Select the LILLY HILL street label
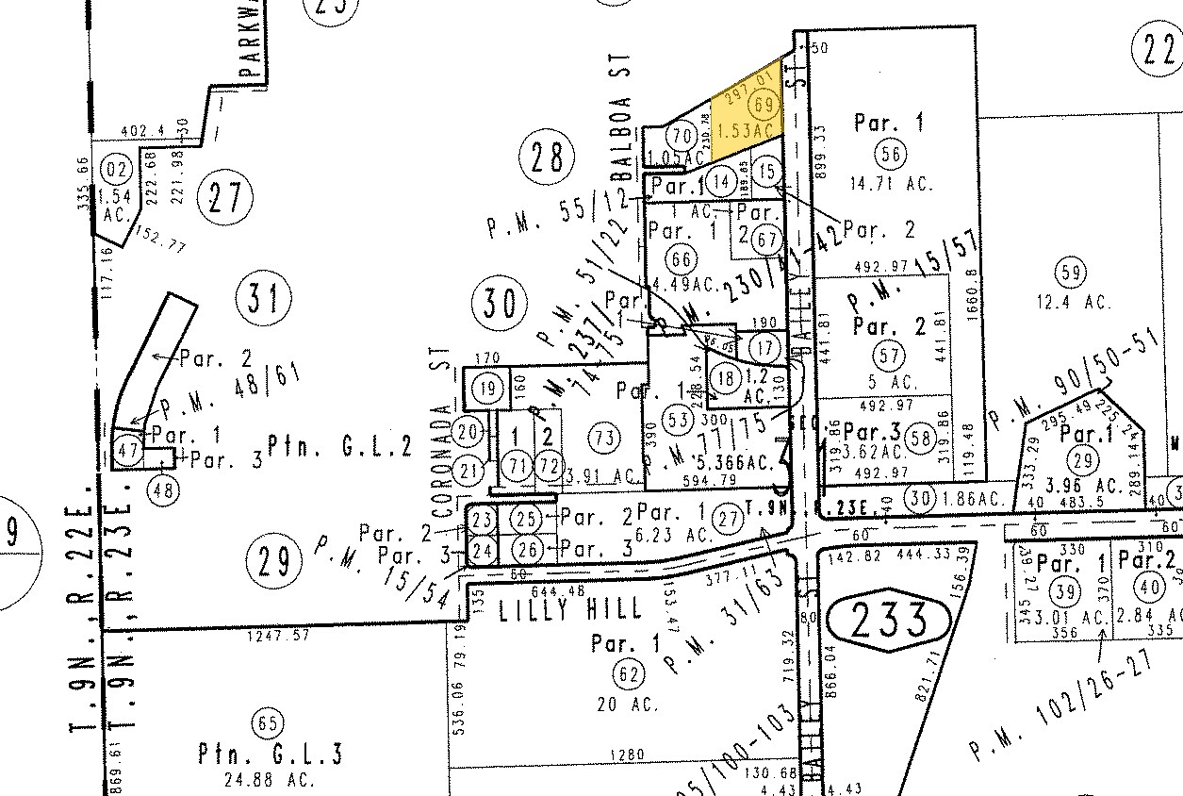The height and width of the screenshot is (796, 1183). point(570,608)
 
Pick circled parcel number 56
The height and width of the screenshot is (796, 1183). point(888,155)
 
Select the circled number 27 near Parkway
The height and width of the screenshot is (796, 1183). point(226,198)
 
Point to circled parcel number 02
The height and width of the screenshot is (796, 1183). point(118,171)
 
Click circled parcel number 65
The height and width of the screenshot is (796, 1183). point(268,724)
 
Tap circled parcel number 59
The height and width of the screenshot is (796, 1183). point(1070,274)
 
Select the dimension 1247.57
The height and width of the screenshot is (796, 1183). point(279,637)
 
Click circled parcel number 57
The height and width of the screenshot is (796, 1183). point(888,356)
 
